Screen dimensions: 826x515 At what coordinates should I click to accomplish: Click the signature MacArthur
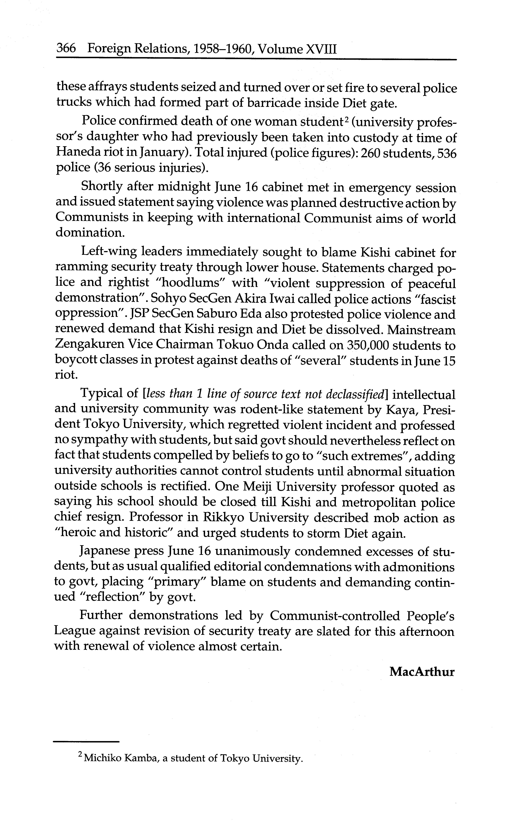pyautogui.click(x=422, y=672)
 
